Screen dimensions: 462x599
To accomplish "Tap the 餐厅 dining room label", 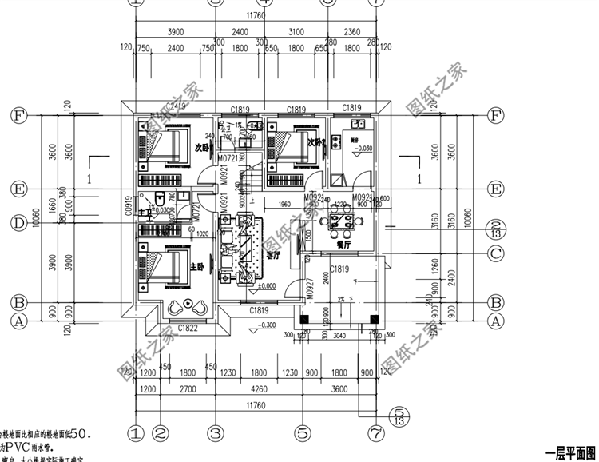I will [345, 246].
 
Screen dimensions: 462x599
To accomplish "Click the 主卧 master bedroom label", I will [197, 266].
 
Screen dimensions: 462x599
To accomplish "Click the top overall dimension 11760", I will [256, 14].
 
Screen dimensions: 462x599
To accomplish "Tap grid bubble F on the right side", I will [496, 115].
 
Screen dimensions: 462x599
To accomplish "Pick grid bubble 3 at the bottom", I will [214, 432].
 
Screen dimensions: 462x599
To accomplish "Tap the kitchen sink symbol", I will [355, 125].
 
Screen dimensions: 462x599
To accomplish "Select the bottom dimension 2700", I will [187, 389].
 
